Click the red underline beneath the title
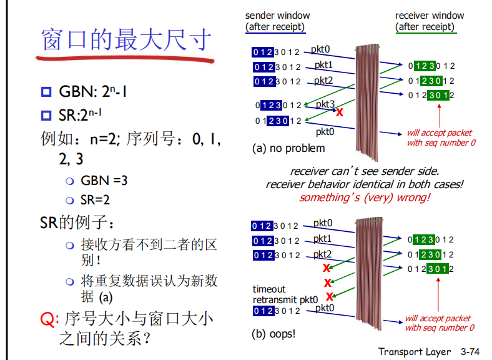point(125,61)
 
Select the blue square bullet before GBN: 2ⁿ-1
point(46,93)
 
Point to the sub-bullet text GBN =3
point(104,181)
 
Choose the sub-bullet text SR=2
point(96,200)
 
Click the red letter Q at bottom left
point(47,319)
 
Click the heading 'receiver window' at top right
point(430,15)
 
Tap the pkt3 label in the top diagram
point(325,104)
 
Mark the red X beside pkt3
point(340,112)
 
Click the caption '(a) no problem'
point(288,148)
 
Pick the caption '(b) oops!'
point(273,334)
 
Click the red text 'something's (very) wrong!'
point(365,197)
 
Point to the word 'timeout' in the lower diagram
point(269,289)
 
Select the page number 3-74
point(473,352)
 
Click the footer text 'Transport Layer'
point(415,352)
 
